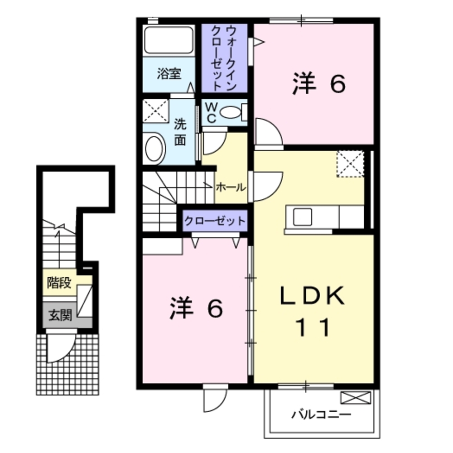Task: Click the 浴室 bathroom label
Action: pyautogui.click(x=169, y=73)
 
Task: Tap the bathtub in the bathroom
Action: pyautogui.click(x=169, y=41)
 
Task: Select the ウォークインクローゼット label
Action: pyautogui.click(x=224, y=58)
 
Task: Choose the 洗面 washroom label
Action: pyautogui.click(x=180, y=132)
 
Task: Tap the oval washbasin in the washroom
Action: pyautogui.click(x=155, y=148)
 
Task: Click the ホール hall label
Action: pyautogui.click(x=231, y=187)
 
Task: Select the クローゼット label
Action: pyautogui.click(x=215, y=221)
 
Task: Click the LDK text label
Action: pyautogui.click(x=313, y=297)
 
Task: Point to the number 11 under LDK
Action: pyautogui.click(x=313, y=327)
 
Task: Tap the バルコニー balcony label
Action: pyautogui.click(x=321, y=414)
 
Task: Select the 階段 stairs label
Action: pyautogui.click(x=59, y=283)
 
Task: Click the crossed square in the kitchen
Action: pyautogui.click(x=350, y=164)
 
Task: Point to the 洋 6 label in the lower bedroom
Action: pyautogui.click(x=196, y=309)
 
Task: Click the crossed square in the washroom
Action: pyautogui.click(x=155, y=111)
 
